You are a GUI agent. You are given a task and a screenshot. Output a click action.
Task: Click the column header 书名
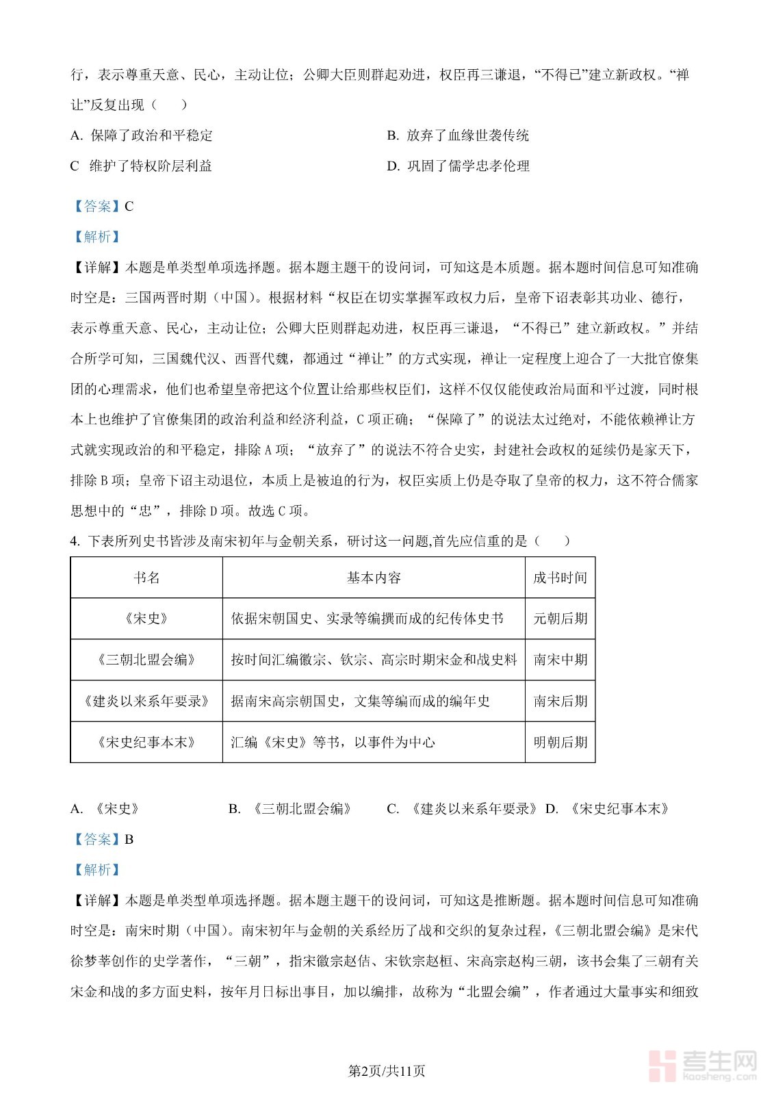pyautogui.click(x=146, y=578)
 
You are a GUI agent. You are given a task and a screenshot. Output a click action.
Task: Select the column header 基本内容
pyautogui.click(x=374, y=578)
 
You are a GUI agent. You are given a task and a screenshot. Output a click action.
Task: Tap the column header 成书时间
pyautogui.click(x=560, y=578)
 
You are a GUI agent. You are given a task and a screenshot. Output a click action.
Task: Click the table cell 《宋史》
pyautogui.click(x=146, y=619)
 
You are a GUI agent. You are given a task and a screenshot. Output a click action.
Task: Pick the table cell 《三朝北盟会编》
pyautogui.click(x=146, y=660)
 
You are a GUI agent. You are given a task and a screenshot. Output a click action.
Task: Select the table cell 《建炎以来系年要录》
pyautogui.click(x=146, y=701)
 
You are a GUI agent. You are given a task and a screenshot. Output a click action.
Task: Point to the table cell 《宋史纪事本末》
pyautogui.click(x=146, y=743)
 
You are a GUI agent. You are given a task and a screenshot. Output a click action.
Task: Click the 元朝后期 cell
pyautogui.click(x=560, y=619)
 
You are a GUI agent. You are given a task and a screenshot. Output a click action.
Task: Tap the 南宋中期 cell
pyautogui.click(x=560, y=660)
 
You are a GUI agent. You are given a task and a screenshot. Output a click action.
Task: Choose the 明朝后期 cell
pyautogui.click(x=560, y=743)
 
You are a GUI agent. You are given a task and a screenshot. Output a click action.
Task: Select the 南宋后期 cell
pyautogui.click(x=560, y=701)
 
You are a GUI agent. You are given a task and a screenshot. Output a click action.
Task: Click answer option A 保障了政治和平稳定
pyautogui.click(x=142, y=136)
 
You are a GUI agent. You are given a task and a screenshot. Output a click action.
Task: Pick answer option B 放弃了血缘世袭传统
pyautogui.click(x=458, y=136)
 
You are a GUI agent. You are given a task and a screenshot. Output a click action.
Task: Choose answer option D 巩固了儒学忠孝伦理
pyautogui.click(x=458, y=166)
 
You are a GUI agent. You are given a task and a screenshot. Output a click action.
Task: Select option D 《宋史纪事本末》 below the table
pyautogui.click(x=608, y=809)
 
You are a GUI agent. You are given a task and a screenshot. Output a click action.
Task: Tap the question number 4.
pyautogui.click(x=75, y=541)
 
